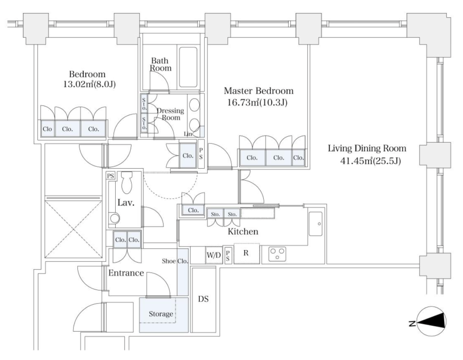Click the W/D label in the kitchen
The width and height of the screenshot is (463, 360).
point(213,255)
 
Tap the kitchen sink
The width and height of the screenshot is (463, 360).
point(316,223)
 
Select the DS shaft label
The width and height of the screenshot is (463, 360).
point(203,299)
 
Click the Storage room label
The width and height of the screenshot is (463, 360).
point(161,313)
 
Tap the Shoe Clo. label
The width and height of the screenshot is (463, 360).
point(175,261)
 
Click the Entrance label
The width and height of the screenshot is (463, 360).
point(126,273)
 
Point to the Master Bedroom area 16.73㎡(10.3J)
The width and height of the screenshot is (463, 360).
point(257,103)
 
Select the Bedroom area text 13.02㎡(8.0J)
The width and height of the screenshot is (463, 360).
point(89,85)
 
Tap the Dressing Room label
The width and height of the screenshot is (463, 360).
point(170,114)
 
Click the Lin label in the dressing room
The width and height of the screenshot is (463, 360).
point(188,134)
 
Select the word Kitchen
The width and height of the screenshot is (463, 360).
point(243,232)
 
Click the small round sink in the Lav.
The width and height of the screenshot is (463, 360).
point(114,219)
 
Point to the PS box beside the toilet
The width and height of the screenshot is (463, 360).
point(111,176)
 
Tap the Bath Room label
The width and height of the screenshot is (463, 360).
point(161,64)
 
